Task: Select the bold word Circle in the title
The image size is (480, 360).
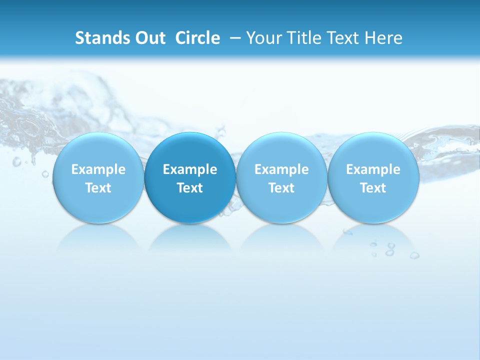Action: click(197, 38)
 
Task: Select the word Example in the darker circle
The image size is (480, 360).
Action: click(190, 169)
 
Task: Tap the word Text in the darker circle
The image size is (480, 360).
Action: click(190, 188)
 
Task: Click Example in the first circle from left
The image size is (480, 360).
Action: click(98, 169)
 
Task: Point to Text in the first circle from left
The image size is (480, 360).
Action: click(98, 188)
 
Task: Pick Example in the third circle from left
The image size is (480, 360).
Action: click(281, 169)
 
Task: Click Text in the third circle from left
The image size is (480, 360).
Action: click(281, 188)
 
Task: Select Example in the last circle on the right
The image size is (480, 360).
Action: click(373, 169)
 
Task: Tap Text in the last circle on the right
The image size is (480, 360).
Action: click(373, 188)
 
